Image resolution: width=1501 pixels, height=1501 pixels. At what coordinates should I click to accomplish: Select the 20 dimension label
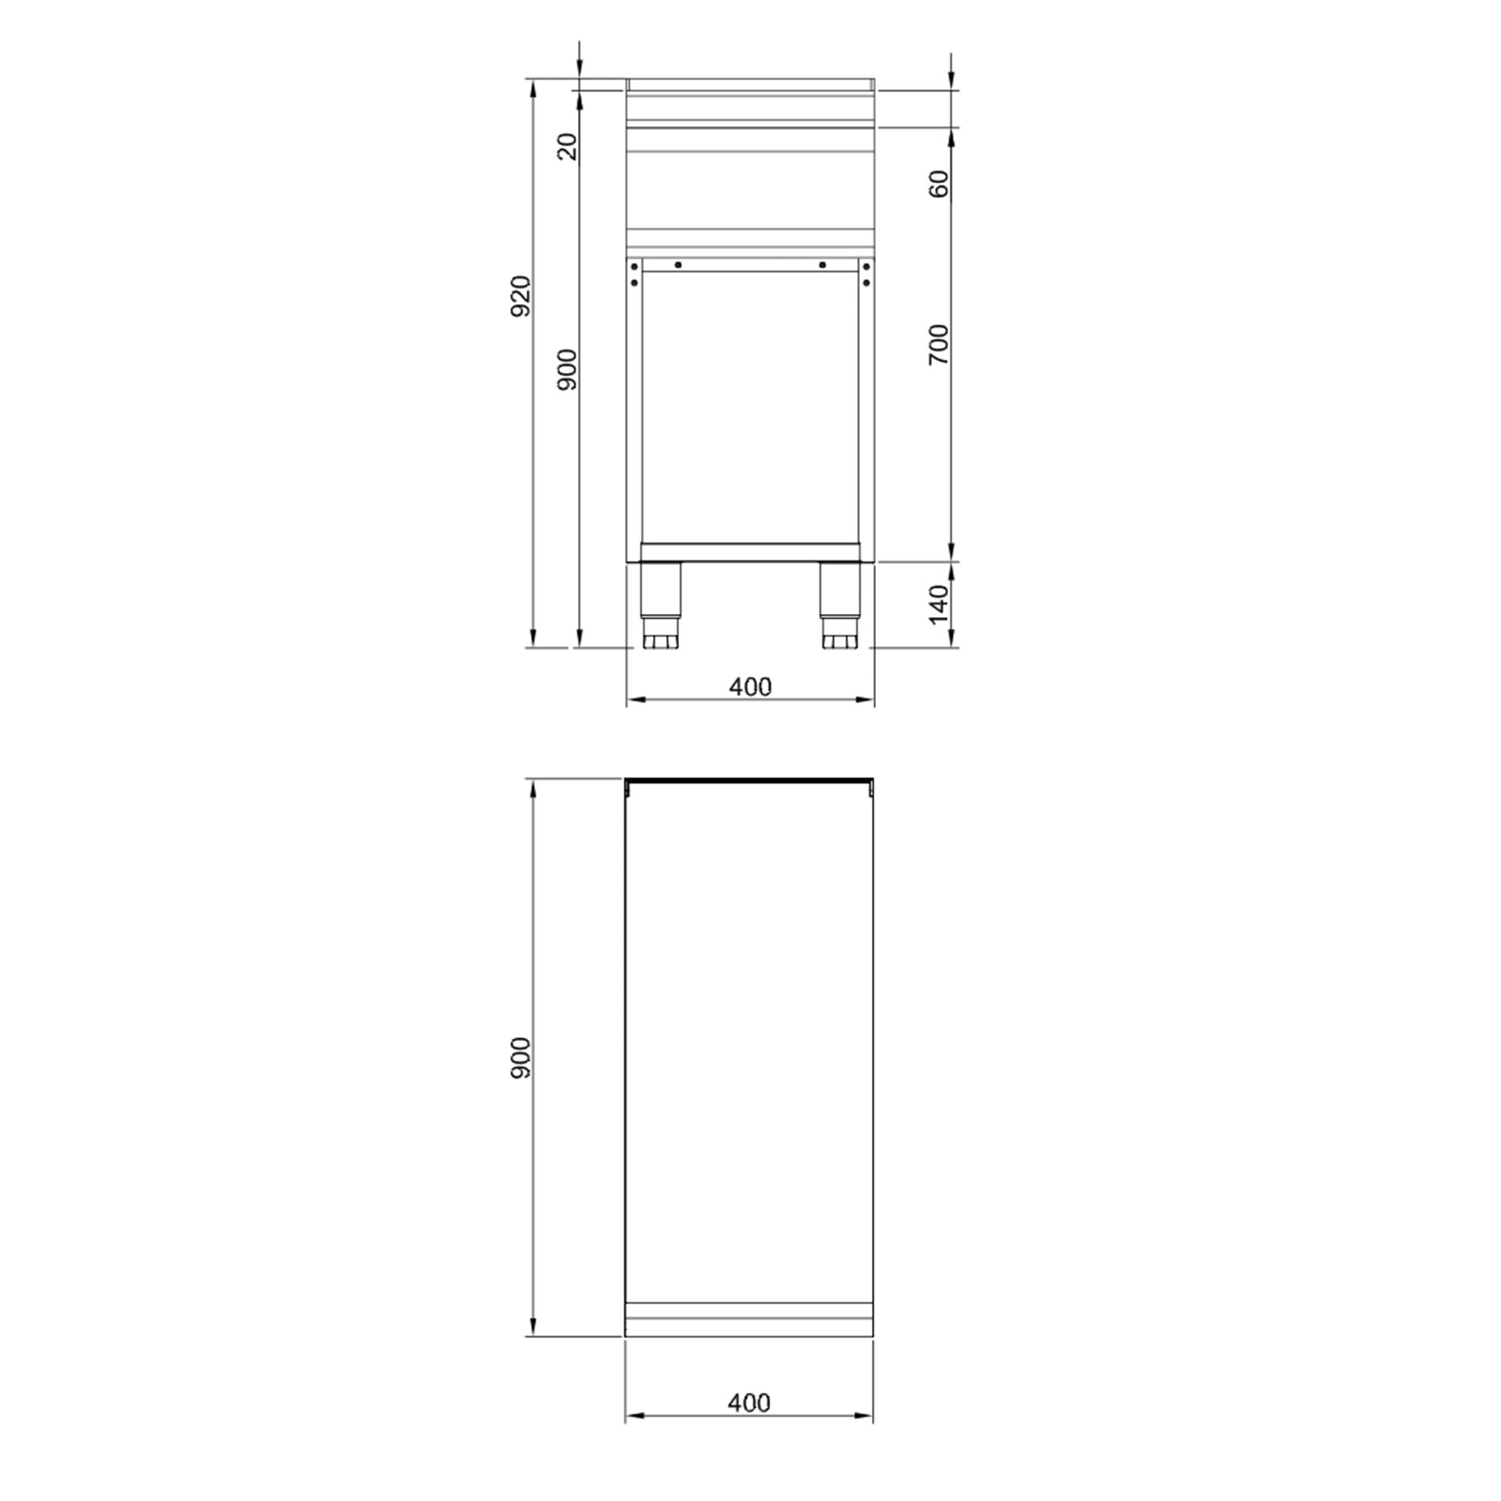(x=568, y=147)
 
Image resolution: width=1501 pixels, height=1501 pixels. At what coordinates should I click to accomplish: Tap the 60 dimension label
(x=940, y=184)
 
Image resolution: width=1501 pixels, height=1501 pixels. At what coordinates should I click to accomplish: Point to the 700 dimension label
(x=940, y=344)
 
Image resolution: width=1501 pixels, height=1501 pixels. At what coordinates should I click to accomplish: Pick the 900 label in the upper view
(x=568, y=369)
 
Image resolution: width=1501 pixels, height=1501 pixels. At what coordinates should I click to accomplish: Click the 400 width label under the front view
(x=750, y=687)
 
